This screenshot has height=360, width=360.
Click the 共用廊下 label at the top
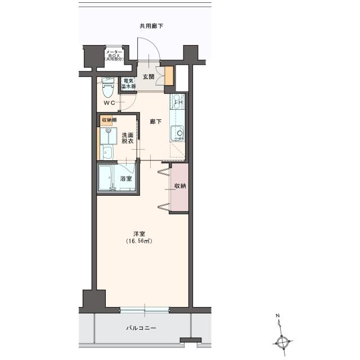click(152, 26)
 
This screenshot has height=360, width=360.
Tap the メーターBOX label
click(114, 55)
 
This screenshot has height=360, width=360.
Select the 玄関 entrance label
click(148, 76)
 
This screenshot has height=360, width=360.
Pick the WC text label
click(110, 103)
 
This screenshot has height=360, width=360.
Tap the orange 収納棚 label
click(110, 120)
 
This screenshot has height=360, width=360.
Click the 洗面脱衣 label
click(127, 138)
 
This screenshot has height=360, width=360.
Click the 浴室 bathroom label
click(126, 179)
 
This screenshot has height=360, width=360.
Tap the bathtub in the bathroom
click(109, 177)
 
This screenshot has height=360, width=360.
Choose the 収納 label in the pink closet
click(179, 186)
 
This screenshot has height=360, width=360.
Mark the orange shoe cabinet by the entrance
click(169, 75)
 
